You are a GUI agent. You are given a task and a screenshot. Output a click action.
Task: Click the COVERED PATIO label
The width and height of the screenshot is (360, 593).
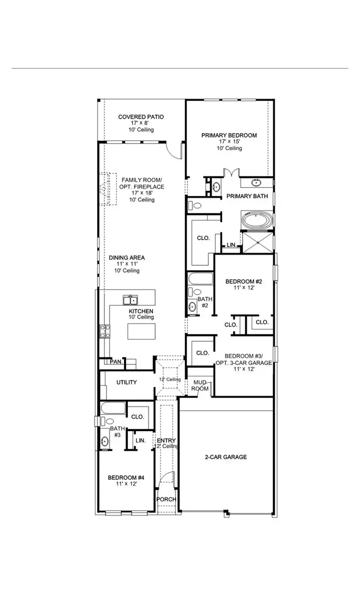141,117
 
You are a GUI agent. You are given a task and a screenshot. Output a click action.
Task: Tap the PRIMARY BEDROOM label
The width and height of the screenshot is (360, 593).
229,135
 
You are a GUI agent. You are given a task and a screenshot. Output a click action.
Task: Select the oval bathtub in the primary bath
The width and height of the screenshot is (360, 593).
257,220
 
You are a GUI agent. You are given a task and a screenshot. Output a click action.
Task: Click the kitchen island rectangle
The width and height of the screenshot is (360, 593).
141,331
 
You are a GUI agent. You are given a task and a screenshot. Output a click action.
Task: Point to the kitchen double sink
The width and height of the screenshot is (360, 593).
130,300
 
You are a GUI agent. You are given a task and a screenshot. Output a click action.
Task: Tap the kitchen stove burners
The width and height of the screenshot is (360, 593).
105,331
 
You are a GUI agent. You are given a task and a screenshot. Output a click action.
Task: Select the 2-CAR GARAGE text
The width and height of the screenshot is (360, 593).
225,457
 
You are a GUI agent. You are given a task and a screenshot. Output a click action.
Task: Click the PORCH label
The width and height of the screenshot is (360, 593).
166,499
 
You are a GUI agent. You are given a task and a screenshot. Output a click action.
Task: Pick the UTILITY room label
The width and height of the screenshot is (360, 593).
127,383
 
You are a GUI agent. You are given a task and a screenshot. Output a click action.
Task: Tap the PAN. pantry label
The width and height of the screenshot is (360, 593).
116,362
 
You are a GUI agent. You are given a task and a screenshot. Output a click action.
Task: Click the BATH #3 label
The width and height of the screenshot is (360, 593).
117,432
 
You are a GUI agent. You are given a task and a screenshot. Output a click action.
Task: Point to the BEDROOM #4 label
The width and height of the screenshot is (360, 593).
126,477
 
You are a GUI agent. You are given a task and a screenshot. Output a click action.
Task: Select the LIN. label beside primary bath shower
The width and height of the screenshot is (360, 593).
232,245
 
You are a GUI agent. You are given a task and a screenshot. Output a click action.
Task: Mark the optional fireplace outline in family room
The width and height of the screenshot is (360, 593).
107,189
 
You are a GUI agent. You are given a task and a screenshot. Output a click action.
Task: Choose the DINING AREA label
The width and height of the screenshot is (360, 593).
127,258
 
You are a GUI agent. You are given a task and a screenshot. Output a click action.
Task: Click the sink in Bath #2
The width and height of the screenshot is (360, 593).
193,307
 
